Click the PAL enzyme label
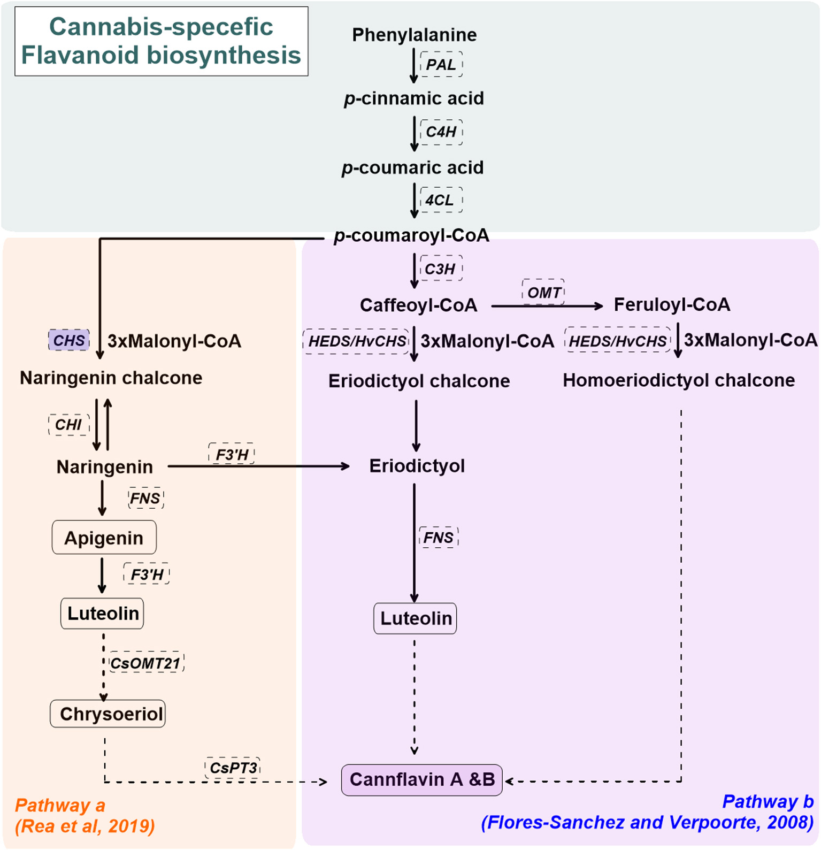click(x=441, y=65)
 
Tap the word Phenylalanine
click(x=414, y=35)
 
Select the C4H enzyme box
click(x=441, y=132)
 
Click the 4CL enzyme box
click(x=440, y=200)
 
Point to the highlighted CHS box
click(x=69, y=340)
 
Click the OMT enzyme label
click(x=543, y=292)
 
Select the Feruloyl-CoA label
click(x=672, y=305)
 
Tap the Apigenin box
click(x=104, y=538)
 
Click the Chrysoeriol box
click(x=108, y=714)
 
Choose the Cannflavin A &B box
click(x=421, y=779)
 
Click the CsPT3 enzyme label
click(x=233, y=768)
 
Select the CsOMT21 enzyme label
click(x=145, y=663)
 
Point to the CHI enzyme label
click(x=68, y=425)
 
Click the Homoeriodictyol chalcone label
click(x=678, y=380)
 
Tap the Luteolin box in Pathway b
click(x=415, y=618)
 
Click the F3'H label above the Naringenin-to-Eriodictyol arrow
click(x=232, y=455)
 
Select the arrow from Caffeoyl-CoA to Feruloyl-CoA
click(x=546, y=306)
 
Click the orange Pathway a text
click(x=60, y=805)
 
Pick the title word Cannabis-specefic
click(x=161, y=27)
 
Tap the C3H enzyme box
click(x=440, y=269)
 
